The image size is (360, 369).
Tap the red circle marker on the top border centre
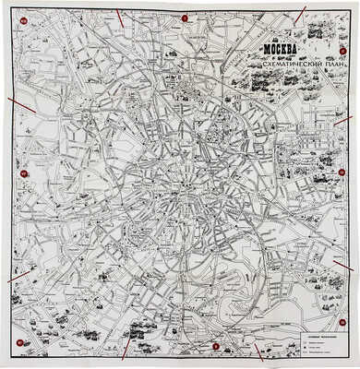tap(185, 18)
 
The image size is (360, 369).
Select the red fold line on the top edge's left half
tap(122, 17)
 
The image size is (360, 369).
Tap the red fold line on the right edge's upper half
tap(342, 120)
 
